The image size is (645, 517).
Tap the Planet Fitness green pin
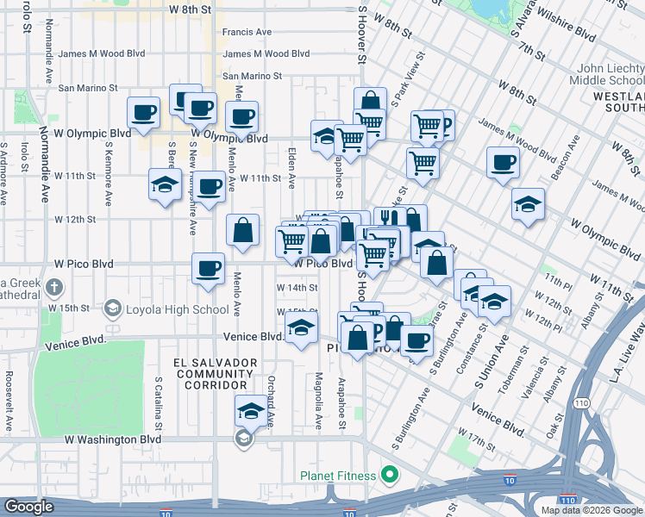click(x=390, y=475)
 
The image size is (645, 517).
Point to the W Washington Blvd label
click(x=114, y=439)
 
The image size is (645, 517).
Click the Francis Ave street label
click(x=247, y=32)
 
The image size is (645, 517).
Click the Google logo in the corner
click(x=29, y=507)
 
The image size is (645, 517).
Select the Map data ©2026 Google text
click(x=591, y=510)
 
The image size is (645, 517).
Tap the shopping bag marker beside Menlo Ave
click(x=243, y=230)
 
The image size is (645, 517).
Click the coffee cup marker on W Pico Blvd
click(x=209, y=269)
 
